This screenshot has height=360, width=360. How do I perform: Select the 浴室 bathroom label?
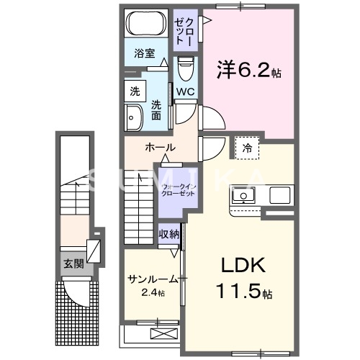144,53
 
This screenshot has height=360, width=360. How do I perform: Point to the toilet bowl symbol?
185,69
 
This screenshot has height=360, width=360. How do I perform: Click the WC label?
184,91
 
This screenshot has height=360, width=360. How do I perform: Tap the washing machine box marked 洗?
135,91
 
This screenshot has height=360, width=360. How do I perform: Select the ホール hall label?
159,147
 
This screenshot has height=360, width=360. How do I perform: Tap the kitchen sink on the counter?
243,195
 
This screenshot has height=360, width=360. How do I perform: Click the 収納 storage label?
169,234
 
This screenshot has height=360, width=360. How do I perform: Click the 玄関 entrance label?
73,264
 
